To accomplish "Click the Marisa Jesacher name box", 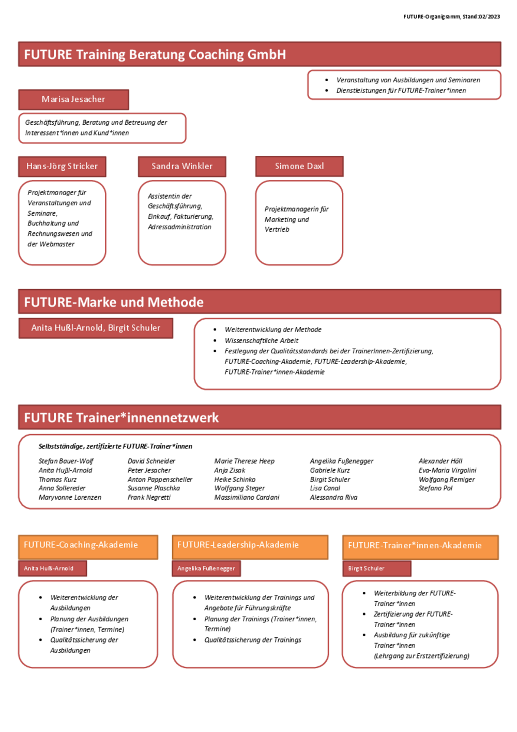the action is pyautogui.click(x=73, y=99).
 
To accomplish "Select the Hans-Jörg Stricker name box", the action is pyautogui.click(x=62, y=167).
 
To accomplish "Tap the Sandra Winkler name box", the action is pyautogui.click(x=182, y=167).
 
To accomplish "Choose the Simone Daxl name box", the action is pyautogui.click(x=299, y=167).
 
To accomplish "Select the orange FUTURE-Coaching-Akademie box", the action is pyautogui.click(x=88, y=547).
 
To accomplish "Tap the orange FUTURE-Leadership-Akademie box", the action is pyautogui.click(x=250, y=547).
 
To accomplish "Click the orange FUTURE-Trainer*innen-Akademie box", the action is pyautogui.click(x=420, y=547).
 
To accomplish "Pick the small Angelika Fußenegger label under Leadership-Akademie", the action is pyautogui.click(x=206, y=569).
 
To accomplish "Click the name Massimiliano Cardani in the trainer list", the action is pyautogui.click(x=247, y=497).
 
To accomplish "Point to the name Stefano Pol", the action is pyautogui.click(x=435, y=488).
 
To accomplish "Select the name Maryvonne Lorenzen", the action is pyautogui.click(x=70, y=497).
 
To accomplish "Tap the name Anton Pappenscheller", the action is pyautogui.click(x=160, y=480).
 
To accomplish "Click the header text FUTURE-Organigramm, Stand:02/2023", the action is pyautogui.click(x=451, y=17).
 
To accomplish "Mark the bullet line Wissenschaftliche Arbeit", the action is pyautogui.click(x=261, y=340).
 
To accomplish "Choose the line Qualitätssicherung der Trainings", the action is pyautogui.click(x=253, y=640).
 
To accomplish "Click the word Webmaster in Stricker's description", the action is pyautogui.click(x=57, y=244).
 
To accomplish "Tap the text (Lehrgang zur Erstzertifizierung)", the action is pyautogui.click(x=421, y=656).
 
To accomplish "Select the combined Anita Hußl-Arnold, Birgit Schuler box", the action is pyautogui.click(x=96, y=328).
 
